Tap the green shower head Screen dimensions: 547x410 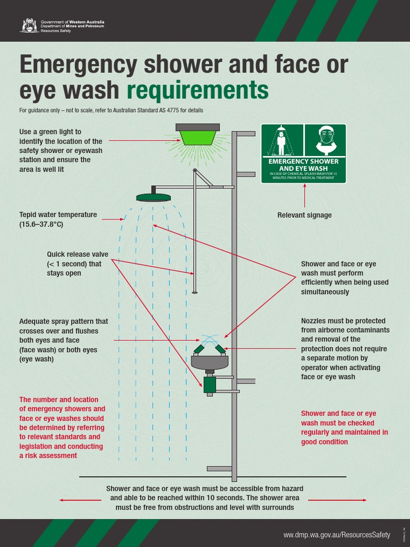coord(153,198)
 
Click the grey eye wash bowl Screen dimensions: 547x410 coord(209,362)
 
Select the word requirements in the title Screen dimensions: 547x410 coord(198,91)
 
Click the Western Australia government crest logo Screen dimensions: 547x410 coord(29,25)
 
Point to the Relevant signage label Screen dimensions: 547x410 coord(304,215)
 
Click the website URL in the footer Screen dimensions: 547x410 coord(336,535)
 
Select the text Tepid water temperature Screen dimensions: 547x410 coord(58,215)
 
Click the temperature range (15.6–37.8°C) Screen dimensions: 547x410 coord(41,224)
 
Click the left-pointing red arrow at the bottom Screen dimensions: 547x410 coord(80,500)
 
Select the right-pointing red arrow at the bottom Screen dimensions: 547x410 coord(337,500)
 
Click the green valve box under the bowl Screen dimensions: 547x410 coord(209,384)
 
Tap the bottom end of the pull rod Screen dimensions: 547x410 coord(195,292)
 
